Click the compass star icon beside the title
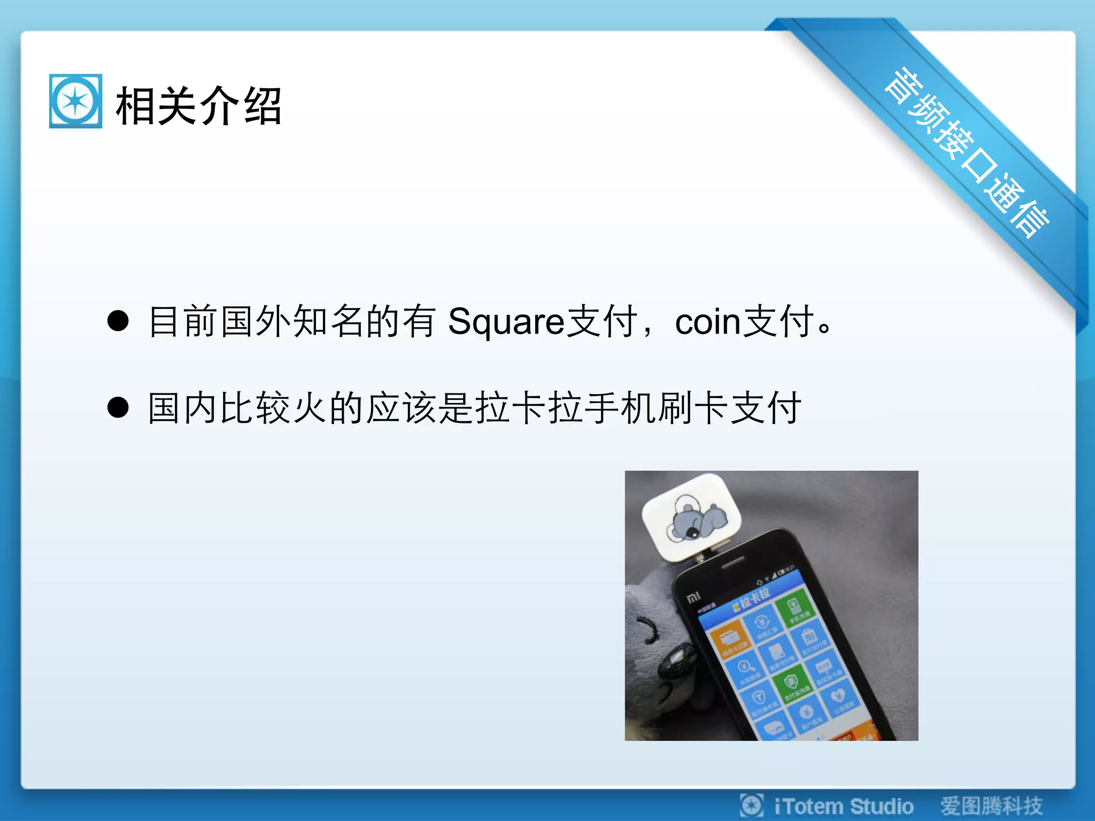pyautogui.click(x=75, y=101)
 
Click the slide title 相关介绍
pyautogui.click(x=198, y=106)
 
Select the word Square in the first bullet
pyautogui.click(x=506, y=322)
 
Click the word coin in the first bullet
pyautogui.click(x=707, y=322)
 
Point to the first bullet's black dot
pyautogui.click(x=118, y=321)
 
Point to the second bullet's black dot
pyautogui.click(x=118, y=407)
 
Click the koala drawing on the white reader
pyautogui.click(x=696, y=519)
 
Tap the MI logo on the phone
pyautogui.click(x=693, y=597)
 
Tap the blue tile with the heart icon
pyautogui.click(x=838, y=698)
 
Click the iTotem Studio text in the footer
pyautogui.click(x=843, y=806)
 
